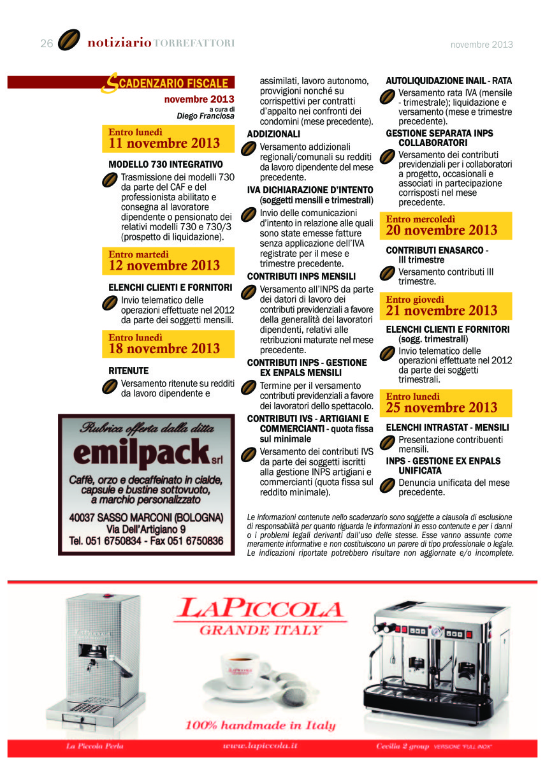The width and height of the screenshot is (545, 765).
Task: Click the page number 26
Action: click(x=46, y=43)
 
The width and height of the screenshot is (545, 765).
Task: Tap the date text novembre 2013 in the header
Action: click(x=481, y=45)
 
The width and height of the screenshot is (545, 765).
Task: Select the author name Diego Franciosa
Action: click(x=205, y=116)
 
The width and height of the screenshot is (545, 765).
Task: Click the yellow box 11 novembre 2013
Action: click(x=168, y=138)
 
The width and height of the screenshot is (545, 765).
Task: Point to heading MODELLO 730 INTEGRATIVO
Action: click(x=165, y=164)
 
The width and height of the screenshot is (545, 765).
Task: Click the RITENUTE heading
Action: click(x=128, y=370)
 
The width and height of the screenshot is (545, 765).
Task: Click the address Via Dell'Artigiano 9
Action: click(x=146, y=529)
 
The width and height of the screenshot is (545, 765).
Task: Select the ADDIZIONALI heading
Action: click(x=273, y=135)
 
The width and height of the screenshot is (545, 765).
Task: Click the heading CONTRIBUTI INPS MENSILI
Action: click(x=302, y=277)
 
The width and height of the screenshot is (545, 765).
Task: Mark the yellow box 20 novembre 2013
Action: click(x=449, y=226)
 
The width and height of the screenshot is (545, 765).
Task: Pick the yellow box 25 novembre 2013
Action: click(x=449, y=403)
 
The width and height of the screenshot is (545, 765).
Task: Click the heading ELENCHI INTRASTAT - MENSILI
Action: click(x=447, y=427)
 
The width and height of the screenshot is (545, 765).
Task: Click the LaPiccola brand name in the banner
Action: click(x=260, y=609)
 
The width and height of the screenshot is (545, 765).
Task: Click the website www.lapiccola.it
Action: click(x=260, y=745)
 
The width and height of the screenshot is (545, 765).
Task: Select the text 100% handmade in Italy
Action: click(x=260, y=725)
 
